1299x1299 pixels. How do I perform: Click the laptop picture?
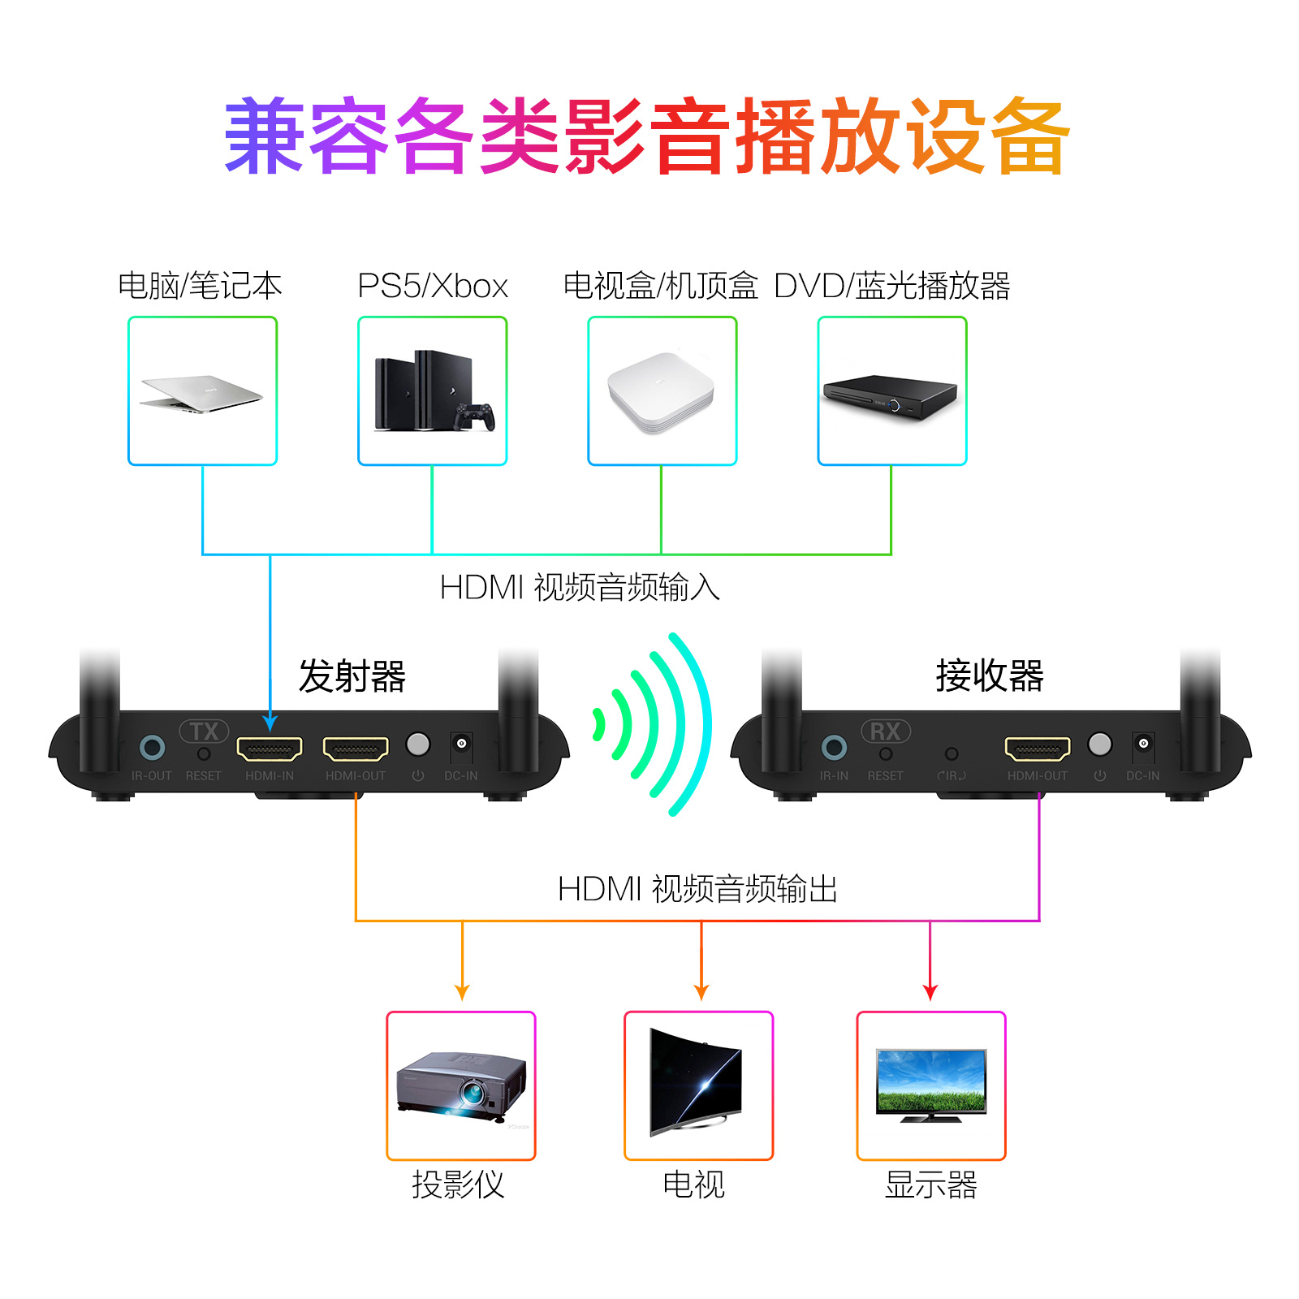coord(202,393)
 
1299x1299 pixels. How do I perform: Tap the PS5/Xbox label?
coord(432,286)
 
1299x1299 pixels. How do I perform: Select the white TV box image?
coord(662,393)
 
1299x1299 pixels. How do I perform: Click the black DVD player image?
coord(890,396)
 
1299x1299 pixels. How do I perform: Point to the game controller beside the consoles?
coord(475,416)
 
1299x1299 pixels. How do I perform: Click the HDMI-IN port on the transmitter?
coord(270,748)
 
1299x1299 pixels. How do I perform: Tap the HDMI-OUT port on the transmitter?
coord(356,748)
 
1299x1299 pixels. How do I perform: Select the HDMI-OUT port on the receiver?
coord(1038,748)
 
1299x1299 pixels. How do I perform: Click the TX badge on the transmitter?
coord(204,731)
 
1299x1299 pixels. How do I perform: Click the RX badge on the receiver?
coord(886,731)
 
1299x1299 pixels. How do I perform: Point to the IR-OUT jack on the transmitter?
coord(152,747)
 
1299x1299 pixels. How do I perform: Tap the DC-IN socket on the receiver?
coord(1143,744)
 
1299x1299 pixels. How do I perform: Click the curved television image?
coord(697,1081)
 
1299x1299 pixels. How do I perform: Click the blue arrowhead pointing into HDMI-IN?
coord(270,722)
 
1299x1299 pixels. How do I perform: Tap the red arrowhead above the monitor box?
coord(930,992)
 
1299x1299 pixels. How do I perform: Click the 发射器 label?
coord(352,676)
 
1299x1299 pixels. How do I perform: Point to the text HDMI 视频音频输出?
coord(697,889)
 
